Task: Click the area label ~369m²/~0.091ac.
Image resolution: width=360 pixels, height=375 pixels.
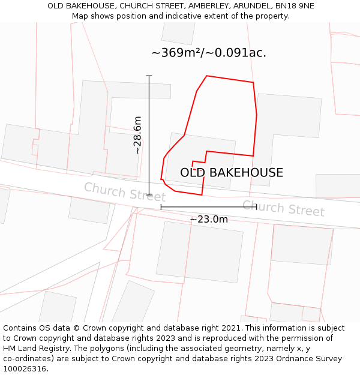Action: pyautogui.click(x=209, y=53)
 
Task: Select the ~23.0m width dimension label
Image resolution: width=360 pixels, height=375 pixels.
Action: pyautogui.click(x=209, y=220)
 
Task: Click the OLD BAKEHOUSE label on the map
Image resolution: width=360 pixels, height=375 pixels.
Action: pyautogui.click(x=232, y=173)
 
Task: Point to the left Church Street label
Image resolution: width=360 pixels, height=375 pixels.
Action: pyautogui.click(x=125, y=192)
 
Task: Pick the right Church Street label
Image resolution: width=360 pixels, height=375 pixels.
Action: pyautogui.click(x=283, y=208)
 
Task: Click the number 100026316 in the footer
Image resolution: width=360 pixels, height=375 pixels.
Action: pyautogui.click(x=25, y=369)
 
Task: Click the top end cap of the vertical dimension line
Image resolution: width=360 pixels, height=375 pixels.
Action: pyautogui.click(x=149, y=76)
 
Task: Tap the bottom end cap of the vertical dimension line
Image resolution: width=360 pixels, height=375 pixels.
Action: pyautogui.click(x=149, y=195)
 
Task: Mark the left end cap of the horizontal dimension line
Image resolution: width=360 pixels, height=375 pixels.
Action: pyautogui.click(x=161, y=207)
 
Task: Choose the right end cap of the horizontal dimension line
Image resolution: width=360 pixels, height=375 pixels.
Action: pyautogui.click(x=257, y=207)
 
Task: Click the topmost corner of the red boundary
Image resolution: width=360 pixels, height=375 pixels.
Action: pyautogui.click(x=207, y=76)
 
